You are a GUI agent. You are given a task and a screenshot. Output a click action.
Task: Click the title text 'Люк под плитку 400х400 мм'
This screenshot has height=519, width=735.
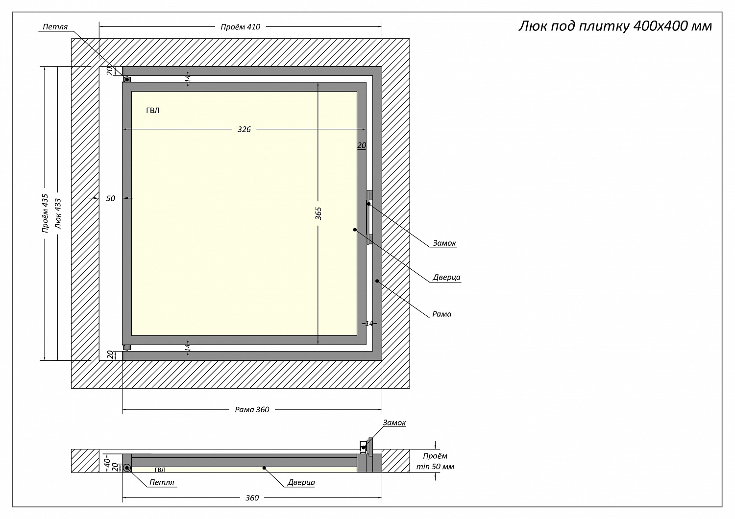tap(615, 26)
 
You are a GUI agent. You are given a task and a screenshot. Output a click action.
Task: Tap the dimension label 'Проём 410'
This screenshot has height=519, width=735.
tap(240, 27)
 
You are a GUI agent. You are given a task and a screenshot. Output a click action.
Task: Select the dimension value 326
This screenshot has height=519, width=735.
tap(244, 129)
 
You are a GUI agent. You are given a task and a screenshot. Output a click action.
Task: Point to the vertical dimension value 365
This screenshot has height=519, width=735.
tap(318, 213)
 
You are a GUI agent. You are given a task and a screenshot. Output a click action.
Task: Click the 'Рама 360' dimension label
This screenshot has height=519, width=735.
tap(252, 410)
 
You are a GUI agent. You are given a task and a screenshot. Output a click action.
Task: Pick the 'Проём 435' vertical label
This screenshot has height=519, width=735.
tap(45, 213)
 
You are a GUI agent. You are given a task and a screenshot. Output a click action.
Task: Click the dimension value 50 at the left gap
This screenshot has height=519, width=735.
tap(111, 198)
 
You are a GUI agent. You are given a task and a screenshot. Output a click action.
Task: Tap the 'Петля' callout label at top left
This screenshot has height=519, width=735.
tap(55, 27)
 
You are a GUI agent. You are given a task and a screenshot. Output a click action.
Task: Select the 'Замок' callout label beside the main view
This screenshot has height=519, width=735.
tap(444, 243)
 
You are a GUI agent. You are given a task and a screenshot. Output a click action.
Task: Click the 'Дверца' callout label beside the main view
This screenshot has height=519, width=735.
tap(446, 278)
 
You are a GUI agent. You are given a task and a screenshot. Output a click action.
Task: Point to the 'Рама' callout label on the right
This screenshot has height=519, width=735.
tap(442, 314)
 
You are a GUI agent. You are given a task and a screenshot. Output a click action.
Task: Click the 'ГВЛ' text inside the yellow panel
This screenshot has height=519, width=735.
tap(153, 111)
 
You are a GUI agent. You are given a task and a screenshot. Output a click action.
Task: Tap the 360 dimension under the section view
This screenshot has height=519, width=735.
tap(252, 498)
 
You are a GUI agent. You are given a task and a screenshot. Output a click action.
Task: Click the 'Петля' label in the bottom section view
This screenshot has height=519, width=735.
tap(162, 482)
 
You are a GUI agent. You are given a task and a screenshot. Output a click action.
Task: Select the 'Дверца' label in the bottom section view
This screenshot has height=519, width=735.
tap(301, 482)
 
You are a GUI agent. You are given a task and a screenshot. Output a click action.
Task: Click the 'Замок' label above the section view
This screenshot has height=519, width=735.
tap(394, 423)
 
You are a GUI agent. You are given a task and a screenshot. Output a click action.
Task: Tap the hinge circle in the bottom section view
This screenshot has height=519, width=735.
tap(127, 468)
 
